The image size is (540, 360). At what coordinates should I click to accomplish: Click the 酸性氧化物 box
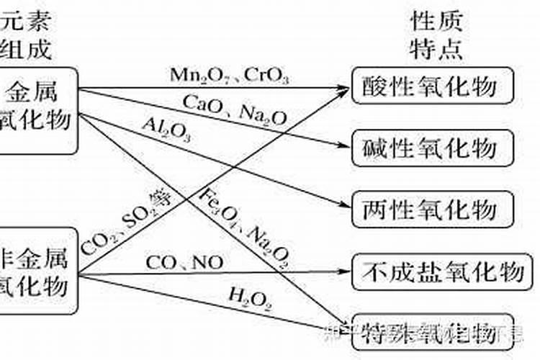point(433,87)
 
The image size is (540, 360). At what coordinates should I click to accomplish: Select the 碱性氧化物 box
point(433,148)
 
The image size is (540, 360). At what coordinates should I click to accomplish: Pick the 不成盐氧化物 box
point(442,271)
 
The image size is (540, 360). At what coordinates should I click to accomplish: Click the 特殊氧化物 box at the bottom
point(433,333)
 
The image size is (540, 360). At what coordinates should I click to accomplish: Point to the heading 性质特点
point(435,35)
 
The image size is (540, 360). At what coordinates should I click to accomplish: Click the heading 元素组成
point(27,35)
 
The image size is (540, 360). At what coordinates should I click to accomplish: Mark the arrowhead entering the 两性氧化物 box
point(344,205)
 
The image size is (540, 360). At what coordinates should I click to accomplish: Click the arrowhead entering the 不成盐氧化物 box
point(344,271)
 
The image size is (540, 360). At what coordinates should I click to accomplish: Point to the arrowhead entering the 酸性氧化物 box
point(344,87)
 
